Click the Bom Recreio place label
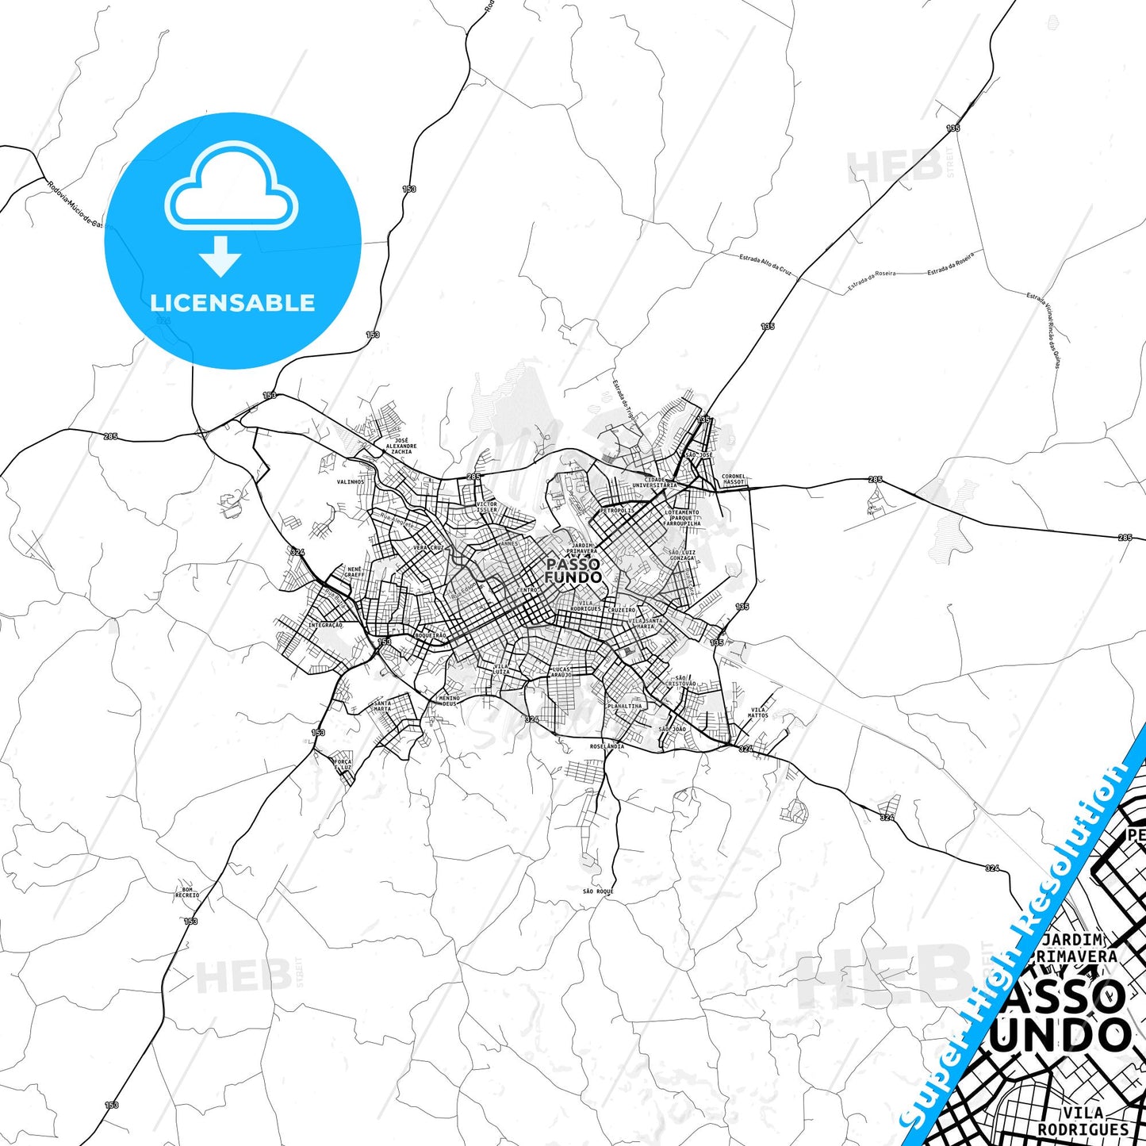[187, 892]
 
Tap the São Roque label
[598, 891]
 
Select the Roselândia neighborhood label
[607, 746]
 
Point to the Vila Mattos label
[758, 713]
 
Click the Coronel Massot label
[734, 480]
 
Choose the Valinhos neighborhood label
[351, 481]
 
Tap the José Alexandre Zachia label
[401, 446]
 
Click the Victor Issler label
[487, 507]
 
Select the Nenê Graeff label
[355, 572]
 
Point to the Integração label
[325, 625]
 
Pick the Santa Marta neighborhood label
[382, 705]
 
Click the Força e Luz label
[343, 765]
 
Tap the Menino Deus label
[449, 700]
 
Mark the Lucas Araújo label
[562, 672]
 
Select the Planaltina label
[625, 706]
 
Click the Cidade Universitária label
[654, 482]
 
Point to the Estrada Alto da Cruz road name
[765, 263]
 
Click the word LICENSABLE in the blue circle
[232, 302]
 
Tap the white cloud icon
[231, 186]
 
